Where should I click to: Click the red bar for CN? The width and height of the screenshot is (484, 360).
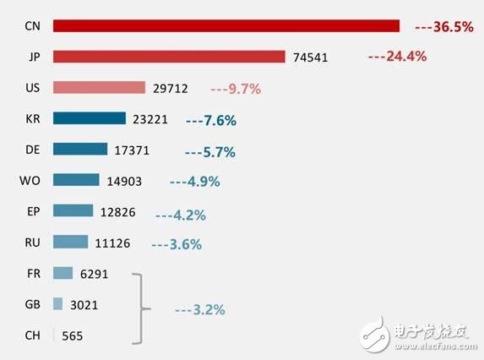tap(226, 26)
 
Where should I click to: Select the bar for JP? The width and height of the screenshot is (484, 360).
tap(169, 57)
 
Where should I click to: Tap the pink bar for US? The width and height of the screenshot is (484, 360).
tap(99, 87)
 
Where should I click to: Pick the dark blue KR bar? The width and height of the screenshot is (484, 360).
tap(89, 118)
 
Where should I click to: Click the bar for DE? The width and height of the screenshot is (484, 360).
tap(80, 150)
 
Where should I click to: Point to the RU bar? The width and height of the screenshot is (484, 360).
tap(70, 242)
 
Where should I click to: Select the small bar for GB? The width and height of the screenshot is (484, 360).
tap(57, 303)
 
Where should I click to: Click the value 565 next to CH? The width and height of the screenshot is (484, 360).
tap(72, 335)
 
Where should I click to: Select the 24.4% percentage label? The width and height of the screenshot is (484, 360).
tap(397, 57)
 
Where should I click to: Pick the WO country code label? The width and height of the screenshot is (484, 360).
tap(28, 180)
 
